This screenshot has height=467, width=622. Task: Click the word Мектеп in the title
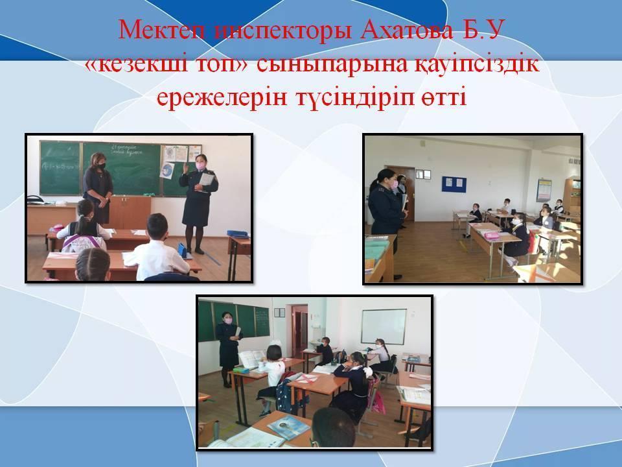click(x=163, y=29)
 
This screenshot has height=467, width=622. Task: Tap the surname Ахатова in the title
click(x=406, y=29)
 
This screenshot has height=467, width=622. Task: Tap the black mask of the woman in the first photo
click(x=101, y=167)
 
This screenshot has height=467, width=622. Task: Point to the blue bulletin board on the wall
click(x=454, y=184)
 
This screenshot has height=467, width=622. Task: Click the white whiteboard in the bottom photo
click(x=384, y=327)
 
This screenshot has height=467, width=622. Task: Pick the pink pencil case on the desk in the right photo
click(x=492, y=236)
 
